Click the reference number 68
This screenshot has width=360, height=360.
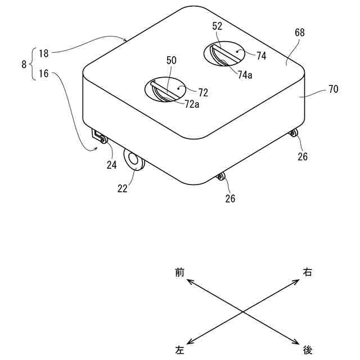299,33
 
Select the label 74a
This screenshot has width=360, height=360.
245,74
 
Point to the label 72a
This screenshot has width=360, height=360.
192,103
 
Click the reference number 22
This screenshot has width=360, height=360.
122,188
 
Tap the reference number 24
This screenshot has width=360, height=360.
112,165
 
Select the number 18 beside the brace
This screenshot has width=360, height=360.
44,53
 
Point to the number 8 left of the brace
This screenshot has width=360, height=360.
24,65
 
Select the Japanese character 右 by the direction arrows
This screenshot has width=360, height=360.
308,272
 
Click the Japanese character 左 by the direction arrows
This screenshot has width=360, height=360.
179,350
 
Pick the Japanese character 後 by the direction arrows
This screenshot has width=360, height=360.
308,350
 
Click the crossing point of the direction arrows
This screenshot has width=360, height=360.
242,311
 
